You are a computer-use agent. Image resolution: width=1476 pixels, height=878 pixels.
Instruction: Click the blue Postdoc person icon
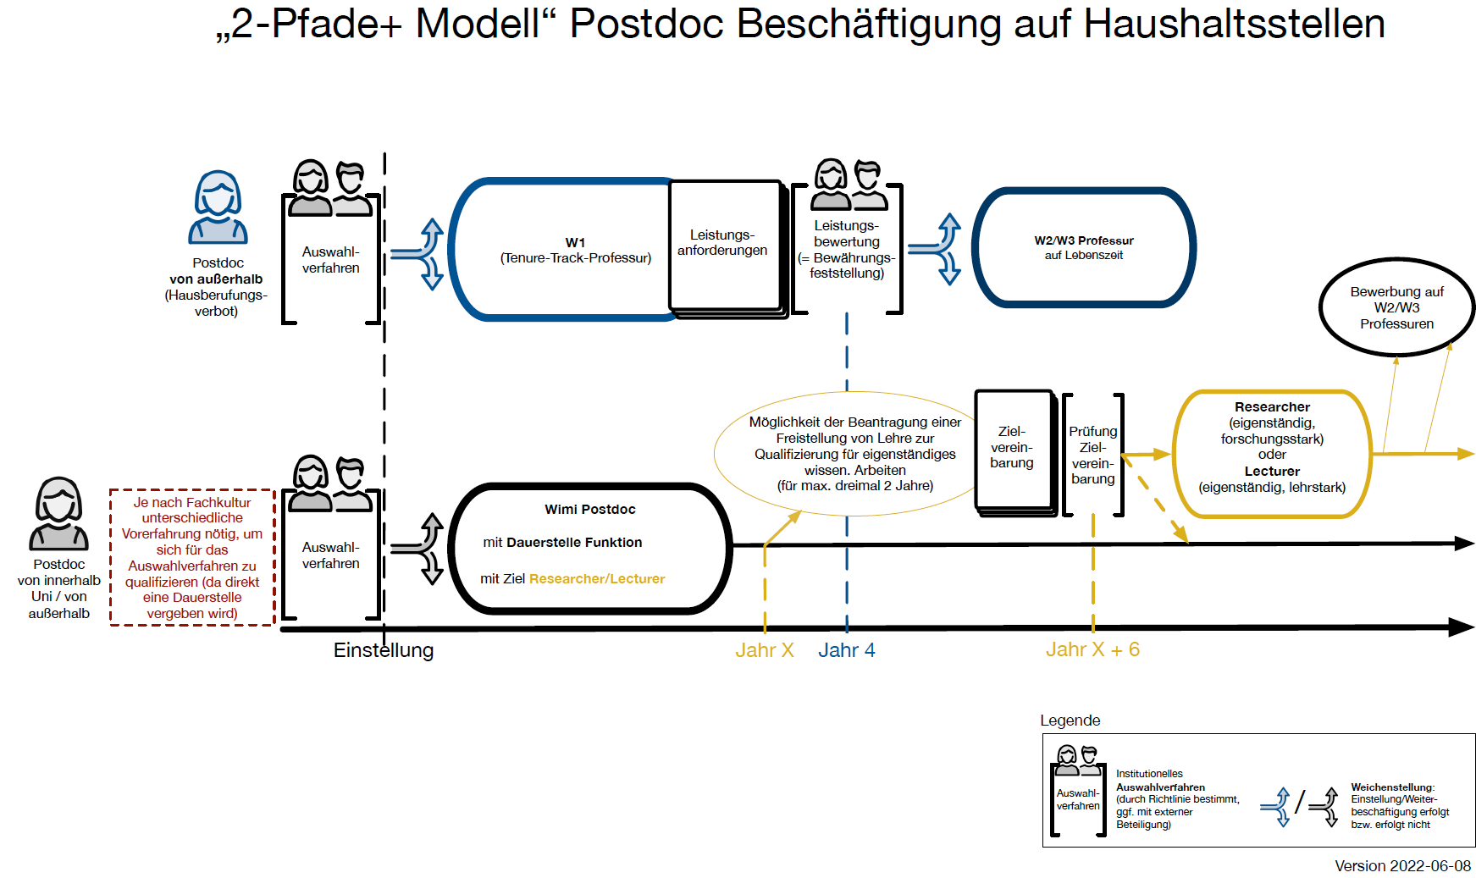point(218,207)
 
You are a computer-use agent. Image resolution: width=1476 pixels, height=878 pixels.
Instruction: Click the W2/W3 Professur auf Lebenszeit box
point(1084,247)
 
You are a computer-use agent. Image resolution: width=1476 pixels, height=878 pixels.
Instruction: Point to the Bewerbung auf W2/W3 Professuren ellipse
point(1397,307)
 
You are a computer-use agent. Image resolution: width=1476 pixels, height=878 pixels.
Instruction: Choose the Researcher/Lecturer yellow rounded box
point(1272,454)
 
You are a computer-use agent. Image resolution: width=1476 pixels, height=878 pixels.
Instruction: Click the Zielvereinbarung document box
point(1014,451)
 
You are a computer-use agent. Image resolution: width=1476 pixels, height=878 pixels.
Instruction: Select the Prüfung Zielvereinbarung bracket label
point(1093,455)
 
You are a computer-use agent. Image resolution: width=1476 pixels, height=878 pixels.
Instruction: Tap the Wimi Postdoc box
point(590,548)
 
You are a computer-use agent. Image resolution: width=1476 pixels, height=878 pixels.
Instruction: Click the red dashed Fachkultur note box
point(192,557)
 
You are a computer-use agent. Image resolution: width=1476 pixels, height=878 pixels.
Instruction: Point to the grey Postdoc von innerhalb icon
point(58,514)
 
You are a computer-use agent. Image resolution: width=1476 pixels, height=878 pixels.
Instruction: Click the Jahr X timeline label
point(765,650)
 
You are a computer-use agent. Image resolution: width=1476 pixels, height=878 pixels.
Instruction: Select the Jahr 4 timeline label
point(847,650)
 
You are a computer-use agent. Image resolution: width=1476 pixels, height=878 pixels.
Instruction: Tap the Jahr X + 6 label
point(1092,649)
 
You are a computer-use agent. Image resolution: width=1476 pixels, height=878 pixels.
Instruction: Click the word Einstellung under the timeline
point(384,650)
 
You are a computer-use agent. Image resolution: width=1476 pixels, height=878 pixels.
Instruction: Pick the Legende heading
point(1070,721)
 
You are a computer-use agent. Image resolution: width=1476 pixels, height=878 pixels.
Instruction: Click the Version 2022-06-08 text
point(1403,866)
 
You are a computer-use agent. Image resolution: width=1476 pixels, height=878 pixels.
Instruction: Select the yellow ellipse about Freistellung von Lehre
point(855,454)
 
